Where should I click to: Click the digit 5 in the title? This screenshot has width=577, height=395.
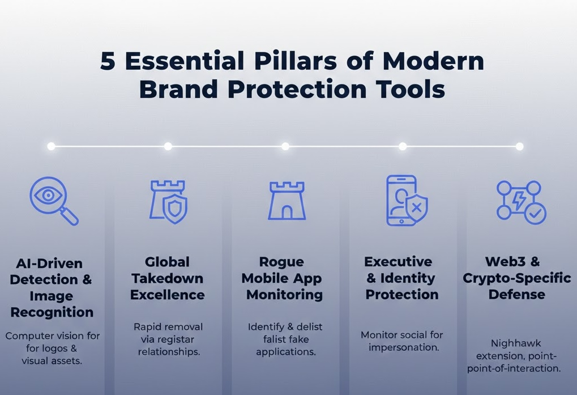click(108, 61)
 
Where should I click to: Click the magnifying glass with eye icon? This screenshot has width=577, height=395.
click(53, 200)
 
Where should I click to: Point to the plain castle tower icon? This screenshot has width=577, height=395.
click(287, 201)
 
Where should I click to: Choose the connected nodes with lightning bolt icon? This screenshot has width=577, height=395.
click(520, 201)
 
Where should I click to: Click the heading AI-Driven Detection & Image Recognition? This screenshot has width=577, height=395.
click(52, 288)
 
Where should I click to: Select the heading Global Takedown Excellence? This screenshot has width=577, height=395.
click(168, 278)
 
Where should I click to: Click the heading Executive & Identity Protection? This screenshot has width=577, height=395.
click(401, 278)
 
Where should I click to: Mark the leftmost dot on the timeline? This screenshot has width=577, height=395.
click(51, 146)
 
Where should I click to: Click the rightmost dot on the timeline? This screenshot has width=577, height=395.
click(519, 146)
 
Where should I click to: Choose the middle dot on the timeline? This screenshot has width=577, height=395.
click(285, 146)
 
